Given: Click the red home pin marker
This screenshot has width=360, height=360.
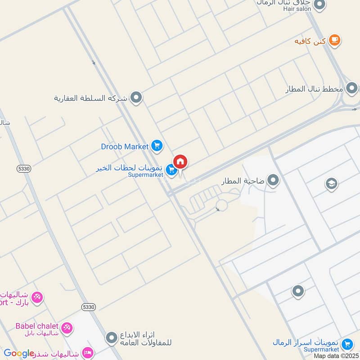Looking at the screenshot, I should pyautogui.click(x=180, y=162).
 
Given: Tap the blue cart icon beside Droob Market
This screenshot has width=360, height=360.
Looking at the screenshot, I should pyautogui.click(x=157, y=146).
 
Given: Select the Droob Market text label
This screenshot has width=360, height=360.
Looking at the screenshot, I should pyautogui.click(x=125, y=146).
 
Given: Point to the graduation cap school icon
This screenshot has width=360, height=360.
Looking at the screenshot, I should pyautogui.click(x=331, y=184).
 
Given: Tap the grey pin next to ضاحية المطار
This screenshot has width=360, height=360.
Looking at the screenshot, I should pyautogui.click(x=273, y=181).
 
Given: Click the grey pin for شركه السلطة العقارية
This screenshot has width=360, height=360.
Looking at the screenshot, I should pyautogui.click(x=136, y=97).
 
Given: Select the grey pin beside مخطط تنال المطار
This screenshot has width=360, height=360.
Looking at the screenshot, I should pyautogui.click(x=352, y=88).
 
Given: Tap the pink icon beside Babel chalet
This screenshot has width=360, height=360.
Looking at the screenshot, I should pyautogui.click(x=67, y=328).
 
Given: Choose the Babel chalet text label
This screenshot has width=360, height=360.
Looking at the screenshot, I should pyautogui.click(x=37, y=325).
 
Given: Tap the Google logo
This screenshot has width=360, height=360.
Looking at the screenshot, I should pyautogui.click(x=19, y=353).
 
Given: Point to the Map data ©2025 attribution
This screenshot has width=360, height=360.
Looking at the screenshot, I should pyautogui.click(x=336, y=355).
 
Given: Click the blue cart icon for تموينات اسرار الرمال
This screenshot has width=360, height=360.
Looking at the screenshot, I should pyautogui.click(x=347, y=345).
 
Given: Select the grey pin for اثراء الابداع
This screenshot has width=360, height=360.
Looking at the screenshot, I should pyautogui.click(x=112, y=337).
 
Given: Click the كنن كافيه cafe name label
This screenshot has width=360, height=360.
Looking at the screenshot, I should pyautogui.click(x=310, y=41).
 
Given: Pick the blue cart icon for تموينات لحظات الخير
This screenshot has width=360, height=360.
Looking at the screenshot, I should pyautogui.click(x=171, y=170).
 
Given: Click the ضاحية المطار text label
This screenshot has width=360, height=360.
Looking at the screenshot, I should pyautogui.click(x=243, y=181).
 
